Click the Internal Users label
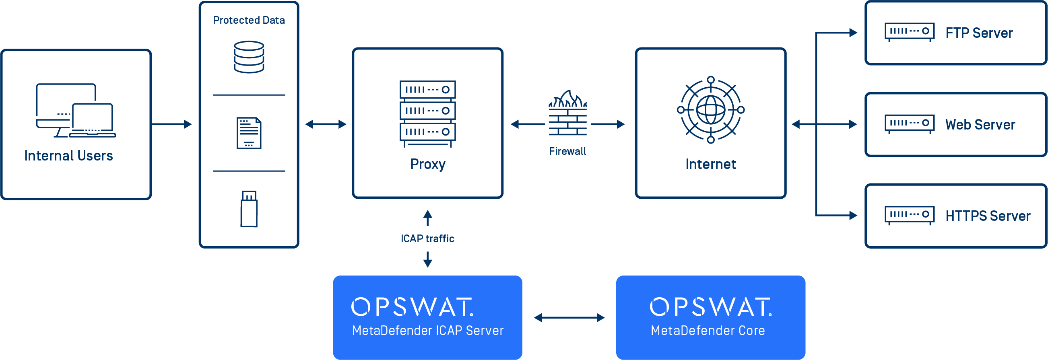(68, 156)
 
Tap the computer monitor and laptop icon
(76, 111)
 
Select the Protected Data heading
(249, 20)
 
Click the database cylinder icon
(249, 57)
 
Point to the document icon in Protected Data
(249, 133)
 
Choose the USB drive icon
(249, 209)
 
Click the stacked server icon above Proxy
(427, 113)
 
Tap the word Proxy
(427, 165)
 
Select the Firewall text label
(567, 151)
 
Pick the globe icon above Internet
(710, 110)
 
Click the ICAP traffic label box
(427, 239)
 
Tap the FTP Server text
(979, 33)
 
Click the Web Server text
(980, 124)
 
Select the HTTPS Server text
(988, 216)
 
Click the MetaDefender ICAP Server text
(427, 330)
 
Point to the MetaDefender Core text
(708, 330)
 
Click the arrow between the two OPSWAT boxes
(569, 317)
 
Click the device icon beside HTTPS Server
(909, 215)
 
